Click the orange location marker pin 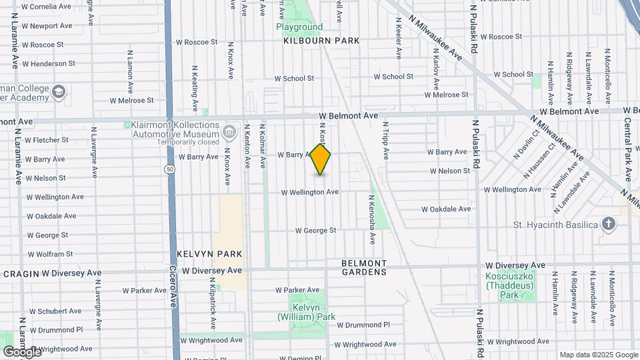tap(321, 159)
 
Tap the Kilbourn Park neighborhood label tap(321, 41)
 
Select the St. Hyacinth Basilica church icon tap(608, 224)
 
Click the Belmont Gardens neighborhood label tap(364, 267)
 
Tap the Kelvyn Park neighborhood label tap(209, 255)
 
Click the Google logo tap(22, 351)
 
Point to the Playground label tap(299, 27)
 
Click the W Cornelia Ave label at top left tap(46, 7)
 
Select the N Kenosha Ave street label tap(372, 219)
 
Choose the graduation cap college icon tap(59, 91)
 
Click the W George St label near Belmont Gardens tap(316, 231)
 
